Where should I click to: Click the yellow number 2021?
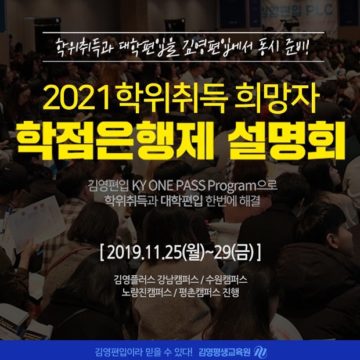(x=75, y=99)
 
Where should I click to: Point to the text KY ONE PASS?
(x=168, y=186)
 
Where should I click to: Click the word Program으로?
(x=242, y=187)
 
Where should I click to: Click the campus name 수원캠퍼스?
(x=226, y=280)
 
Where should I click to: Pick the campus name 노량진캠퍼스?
(x=146, y=292)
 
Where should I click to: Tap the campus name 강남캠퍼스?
(x=178, y=280)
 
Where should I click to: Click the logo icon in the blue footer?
(x=260, y=352)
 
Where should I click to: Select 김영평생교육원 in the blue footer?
(x=225, y=352)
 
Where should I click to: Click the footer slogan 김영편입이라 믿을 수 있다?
(x=144, y=352)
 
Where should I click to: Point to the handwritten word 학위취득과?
(x=85, y=48)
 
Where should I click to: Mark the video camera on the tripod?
(x=289, y=24)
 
